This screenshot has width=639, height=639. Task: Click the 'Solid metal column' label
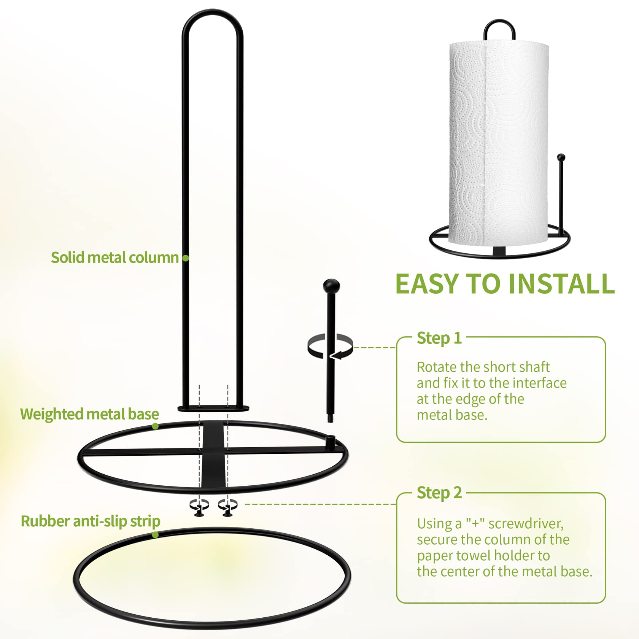click(115, 258)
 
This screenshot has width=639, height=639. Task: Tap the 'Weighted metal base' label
click(90, 414)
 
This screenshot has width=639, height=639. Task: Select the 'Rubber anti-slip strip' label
click(91, 521)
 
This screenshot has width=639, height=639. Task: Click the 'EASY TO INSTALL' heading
click(505, 284)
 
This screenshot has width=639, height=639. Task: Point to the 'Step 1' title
click(439, 338)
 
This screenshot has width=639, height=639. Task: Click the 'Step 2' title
click(439, 493)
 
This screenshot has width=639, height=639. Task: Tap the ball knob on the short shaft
click(331, 286)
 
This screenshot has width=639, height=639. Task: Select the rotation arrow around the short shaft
click(330, 347)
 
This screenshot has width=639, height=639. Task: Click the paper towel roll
click(499, 143)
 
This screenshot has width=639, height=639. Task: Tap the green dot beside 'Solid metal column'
click(186, 258)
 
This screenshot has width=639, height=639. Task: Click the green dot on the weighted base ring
click(155, 426)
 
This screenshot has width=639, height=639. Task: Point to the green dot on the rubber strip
click(155, 535)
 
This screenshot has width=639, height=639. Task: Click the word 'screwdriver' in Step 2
click(526, 524)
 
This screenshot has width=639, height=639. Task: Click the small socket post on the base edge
click(331, 442)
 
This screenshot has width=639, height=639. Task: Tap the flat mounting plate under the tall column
click(213, 409)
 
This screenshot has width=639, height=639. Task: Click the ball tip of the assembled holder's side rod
click(561, 157)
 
